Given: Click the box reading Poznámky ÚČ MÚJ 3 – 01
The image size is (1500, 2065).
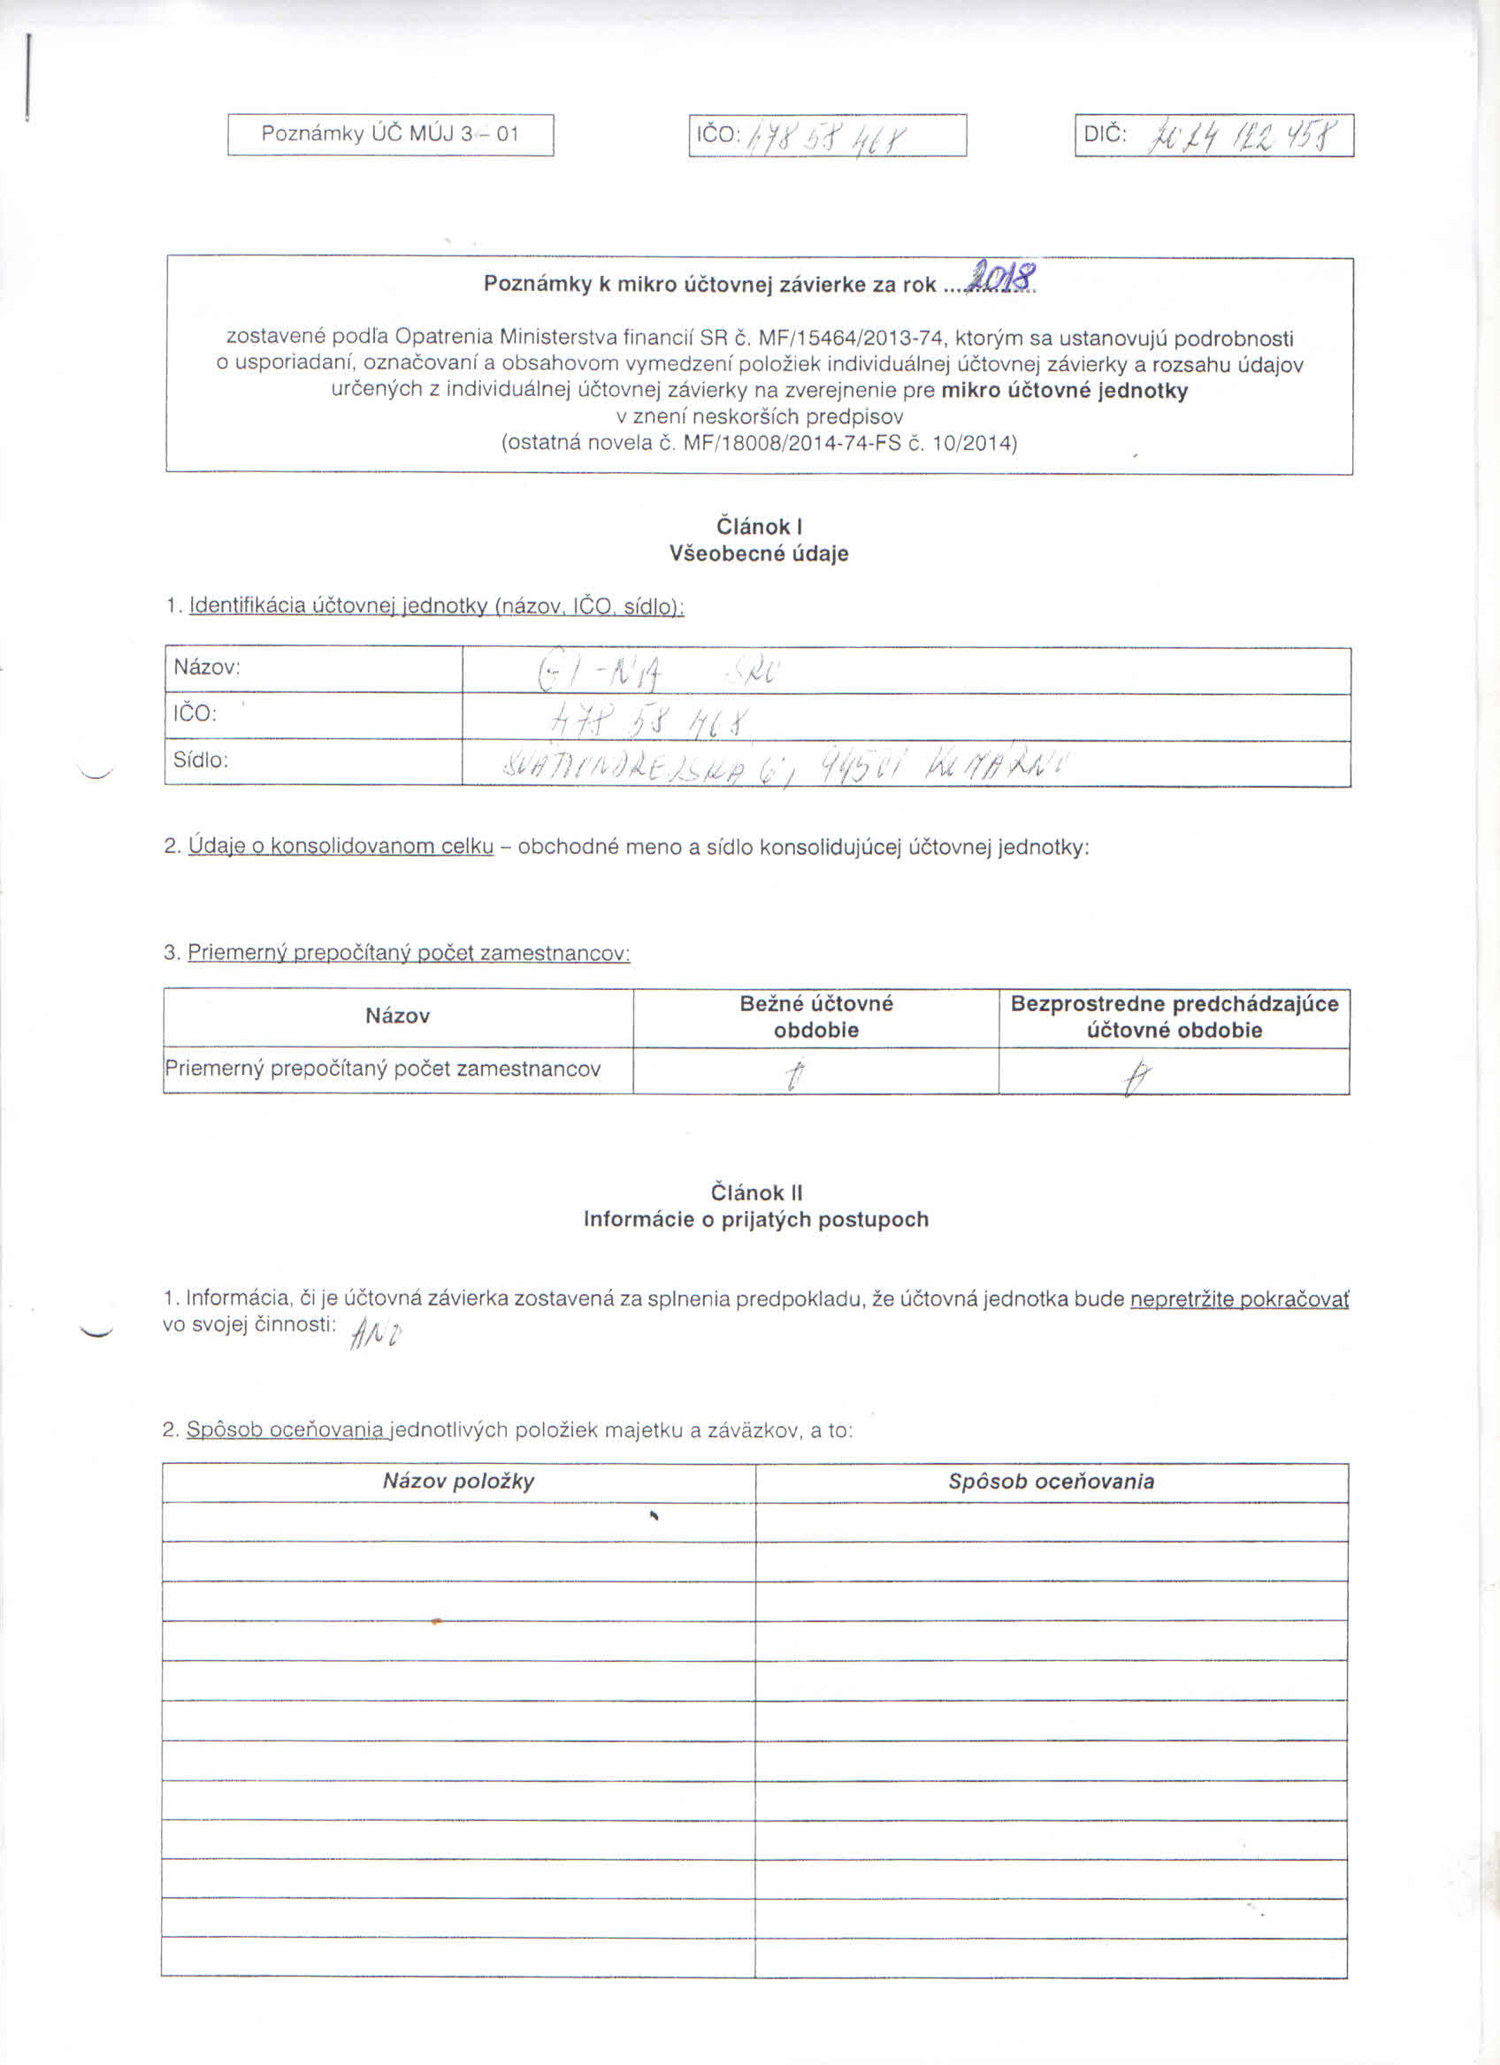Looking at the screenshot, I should (x=390, y=134).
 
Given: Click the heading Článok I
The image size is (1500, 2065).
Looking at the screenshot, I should (x=759, y=526).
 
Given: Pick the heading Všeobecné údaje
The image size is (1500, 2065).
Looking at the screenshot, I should (x=759, y=553).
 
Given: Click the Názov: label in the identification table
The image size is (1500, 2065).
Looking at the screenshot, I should (x=207, y=667).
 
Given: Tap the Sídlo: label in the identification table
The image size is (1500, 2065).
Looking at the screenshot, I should (x=201, y=760).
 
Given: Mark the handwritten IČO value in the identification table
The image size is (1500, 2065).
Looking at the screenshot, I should (x=650, y=724).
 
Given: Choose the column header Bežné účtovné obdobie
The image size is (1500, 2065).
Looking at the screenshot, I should (x=816, y=1016).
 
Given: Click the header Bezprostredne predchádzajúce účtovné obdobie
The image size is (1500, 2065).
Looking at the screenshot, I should (x=1174, y=1016).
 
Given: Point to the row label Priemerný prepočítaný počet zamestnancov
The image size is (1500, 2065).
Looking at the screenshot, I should (x=382, y=1069).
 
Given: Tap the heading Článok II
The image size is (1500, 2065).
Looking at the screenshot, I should (x=756, y=1193).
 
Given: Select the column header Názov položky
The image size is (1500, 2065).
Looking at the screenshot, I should (x=458, y=1482).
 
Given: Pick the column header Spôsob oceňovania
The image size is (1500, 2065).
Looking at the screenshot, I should (x=1051, y=1482).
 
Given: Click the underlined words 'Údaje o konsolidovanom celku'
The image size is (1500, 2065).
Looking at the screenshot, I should (x=341, y=846).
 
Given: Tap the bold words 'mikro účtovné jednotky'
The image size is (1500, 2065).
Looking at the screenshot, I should (x=1064, y=392).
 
